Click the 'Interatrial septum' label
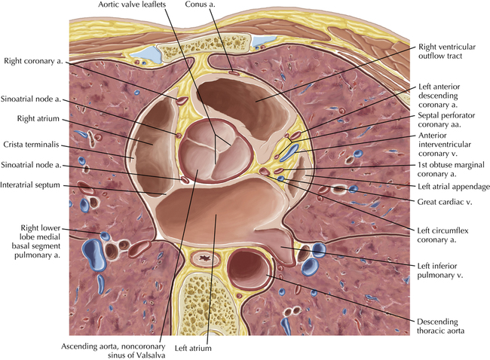pyautogui.click(x=31, y=184)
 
